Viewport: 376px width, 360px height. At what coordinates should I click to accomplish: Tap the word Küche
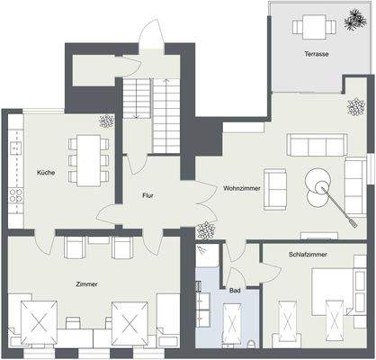pos(46,171)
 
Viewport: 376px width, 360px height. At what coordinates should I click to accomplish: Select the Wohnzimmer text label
pos(243,189)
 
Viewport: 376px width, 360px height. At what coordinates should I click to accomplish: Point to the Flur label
pos(149,194)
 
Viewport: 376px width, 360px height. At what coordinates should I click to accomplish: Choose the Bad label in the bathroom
pos(235,291)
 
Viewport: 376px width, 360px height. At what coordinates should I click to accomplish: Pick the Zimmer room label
pos(87,283)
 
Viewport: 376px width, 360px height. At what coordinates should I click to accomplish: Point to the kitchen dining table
pos(89,158)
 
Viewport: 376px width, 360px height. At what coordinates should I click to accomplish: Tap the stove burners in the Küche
pos(14,193)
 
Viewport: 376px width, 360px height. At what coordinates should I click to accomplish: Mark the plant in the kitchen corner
pos(107,120)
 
